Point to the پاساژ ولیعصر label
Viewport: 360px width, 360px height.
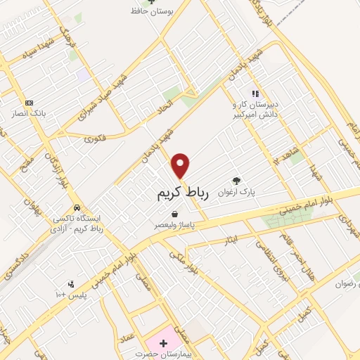click(175, 226)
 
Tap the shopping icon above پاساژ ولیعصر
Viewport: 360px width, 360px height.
click(174, 214)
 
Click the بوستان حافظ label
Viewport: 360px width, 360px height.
click(153, 11)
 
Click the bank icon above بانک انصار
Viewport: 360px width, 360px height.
click(29, 103)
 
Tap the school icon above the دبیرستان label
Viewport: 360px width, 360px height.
click(256, 93)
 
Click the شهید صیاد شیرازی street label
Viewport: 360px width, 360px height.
click(124, 96)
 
